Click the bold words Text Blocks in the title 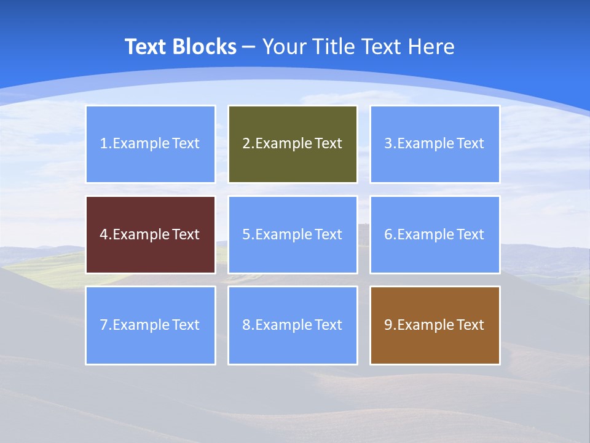click(x=181, y=47)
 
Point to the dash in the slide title click(x=249, y=47)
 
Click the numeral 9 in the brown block click(x=388, y=325)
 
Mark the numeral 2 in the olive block click(x=246, y=143)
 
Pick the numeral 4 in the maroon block click(x=104, y=234)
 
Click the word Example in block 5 click(x=283, y=234)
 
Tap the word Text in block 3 click(x=470, y=143)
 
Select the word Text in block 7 click(x=186, y=325)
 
